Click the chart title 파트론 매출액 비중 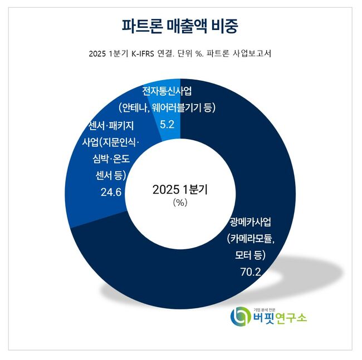pyautogui.click(x=181, y=26)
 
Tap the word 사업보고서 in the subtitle pyautogui.click(x=255, y=54)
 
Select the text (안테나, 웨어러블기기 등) pyautogui.click(x=167, y=107)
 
